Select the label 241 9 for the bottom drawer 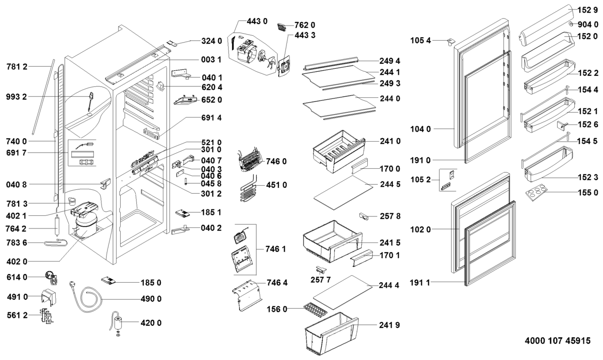390,325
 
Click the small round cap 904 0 572,24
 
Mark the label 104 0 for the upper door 421,129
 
